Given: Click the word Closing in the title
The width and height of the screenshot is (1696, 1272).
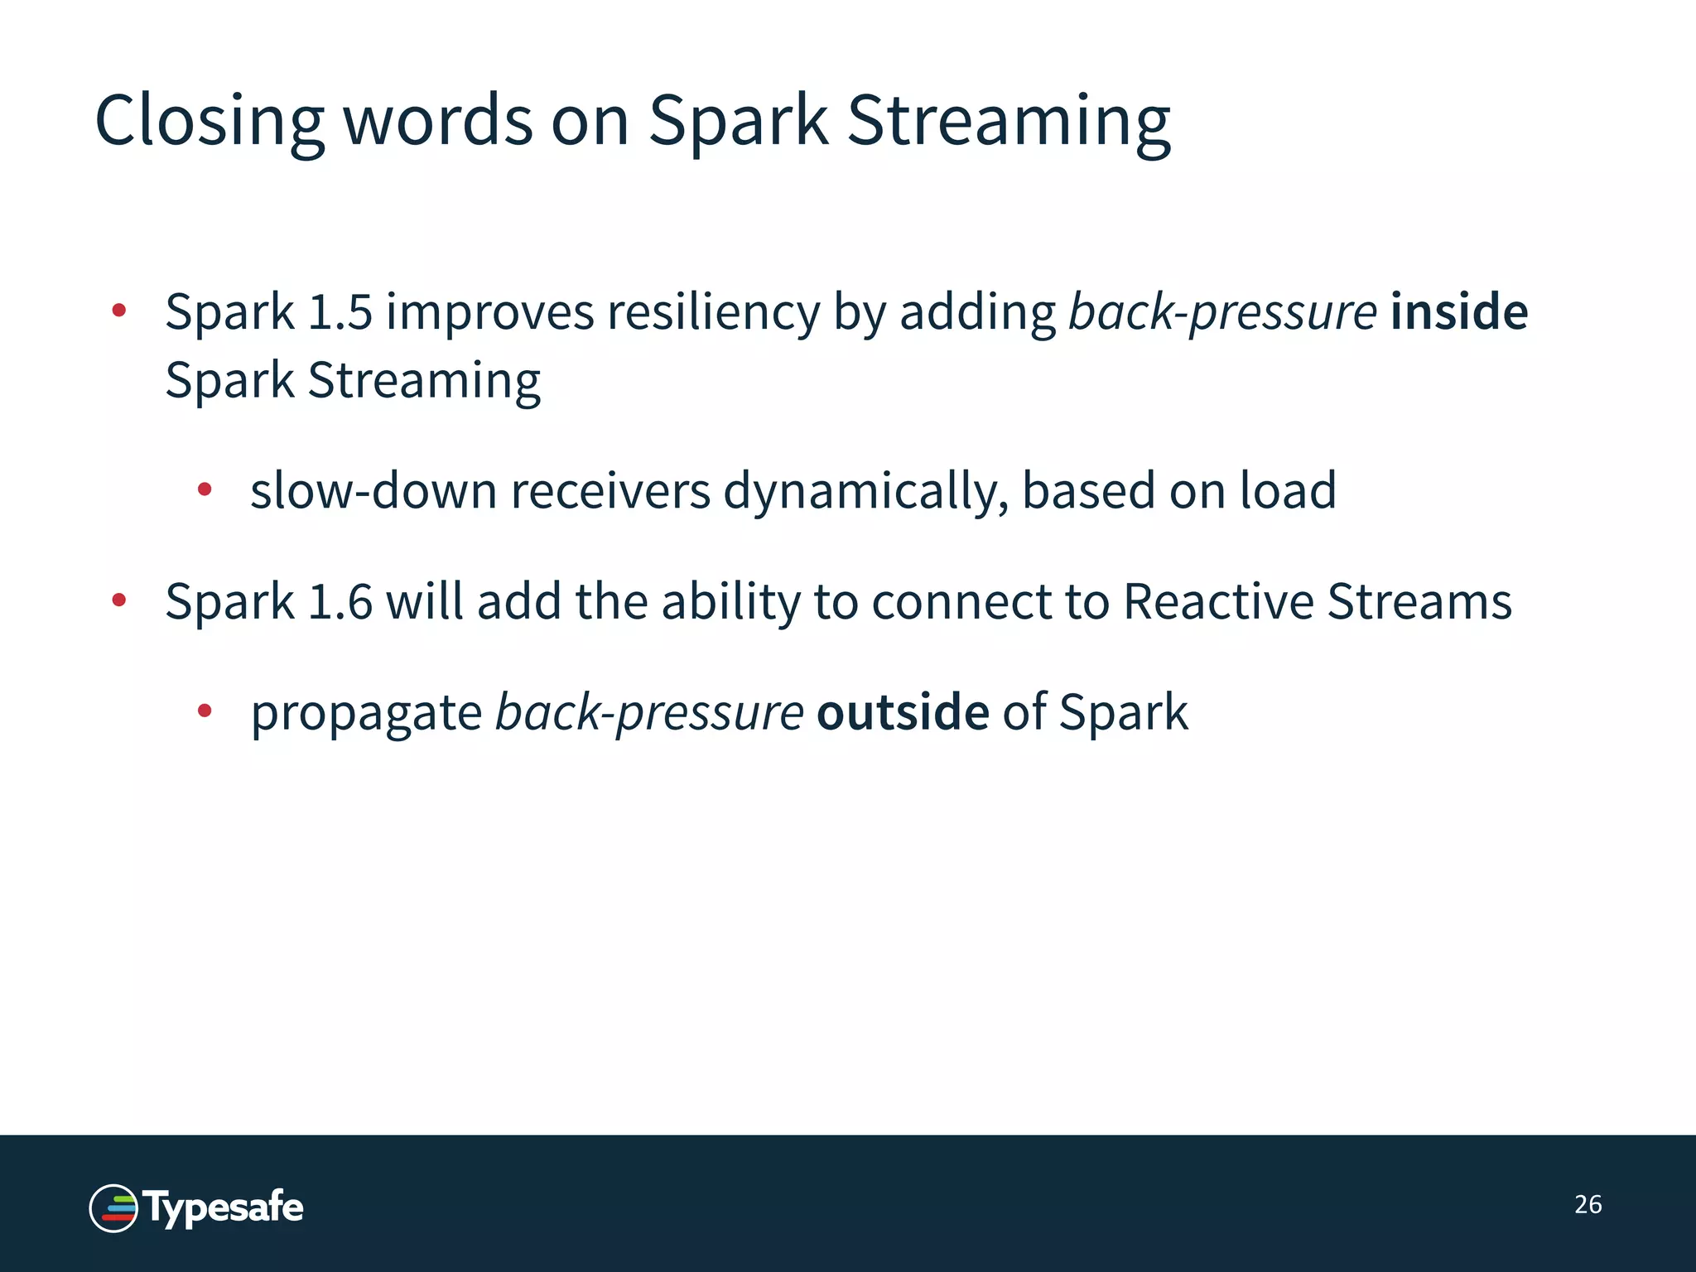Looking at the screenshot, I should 209,122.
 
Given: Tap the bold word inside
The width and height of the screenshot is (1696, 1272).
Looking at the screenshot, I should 1459,312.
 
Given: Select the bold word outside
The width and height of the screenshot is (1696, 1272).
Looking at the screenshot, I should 903,712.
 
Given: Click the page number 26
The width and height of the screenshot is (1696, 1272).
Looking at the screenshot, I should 1588,1204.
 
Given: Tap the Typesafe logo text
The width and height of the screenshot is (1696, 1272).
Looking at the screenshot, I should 224,1207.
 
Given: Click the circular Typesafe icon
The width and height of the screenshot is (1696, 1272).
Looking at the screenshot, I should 113,1208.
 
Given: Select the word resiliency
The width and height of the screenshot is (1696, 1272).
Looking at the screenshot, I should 713,312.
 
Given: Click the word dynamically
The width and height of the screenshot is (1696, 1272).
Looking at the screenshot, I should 866,490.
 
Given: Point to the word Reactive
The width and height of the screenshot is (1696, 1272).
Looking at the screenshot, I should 1218,601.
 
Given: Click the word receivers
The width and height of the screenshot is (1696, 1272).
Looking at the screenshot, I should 610,490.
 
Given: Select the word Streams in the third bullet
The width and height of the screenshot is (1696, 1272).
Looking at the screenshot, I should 1419,601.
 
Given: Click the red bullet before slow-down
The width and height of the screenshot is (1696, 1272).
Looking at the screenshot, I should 205,489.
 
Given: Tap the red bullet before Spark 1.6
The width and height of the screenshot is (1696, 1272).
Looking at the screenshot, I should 119,600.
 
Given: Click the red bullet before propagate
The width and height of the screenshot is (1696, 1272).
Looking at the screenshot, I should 205,711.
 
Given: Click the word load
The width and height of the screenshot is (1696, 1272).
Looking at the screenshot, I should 1288,490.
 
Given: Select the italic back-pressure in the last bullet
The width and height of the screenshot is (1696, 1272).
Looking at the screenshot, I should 648,712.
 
